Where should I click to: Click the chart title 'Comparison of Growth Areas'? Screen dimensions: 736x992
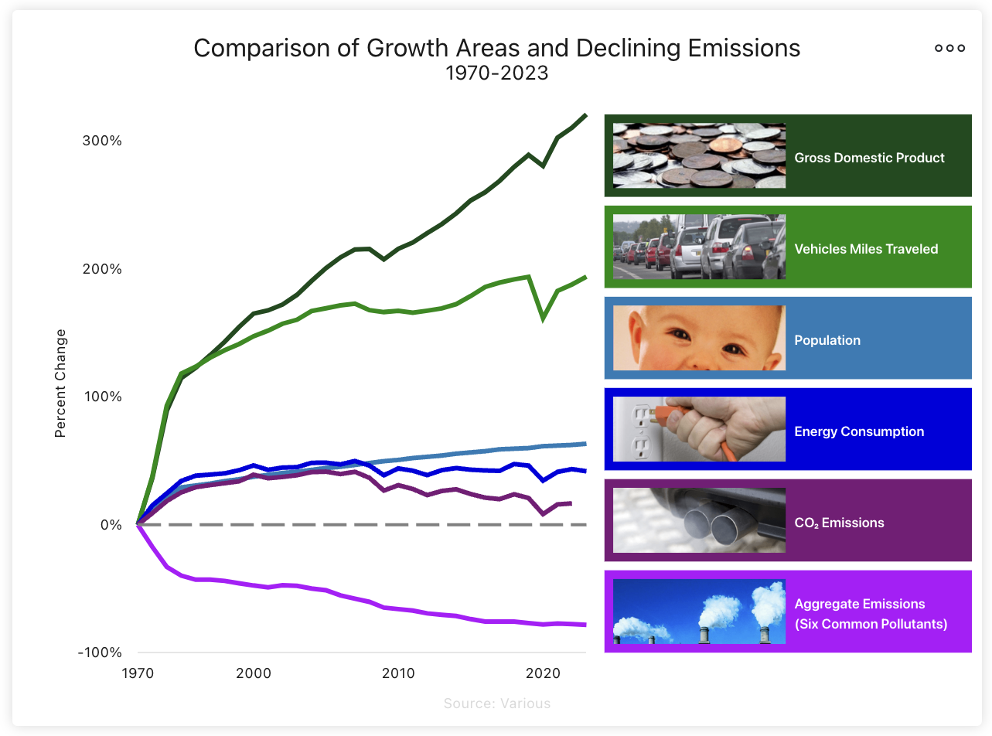pos(496,48)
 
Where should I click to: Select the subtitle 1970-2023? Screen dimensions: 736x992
pos(496,73)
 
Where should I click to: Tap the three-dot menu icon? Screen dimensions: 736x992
pos(949,48)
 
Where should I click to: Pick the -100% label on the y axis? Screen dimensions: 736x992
pos(101,653)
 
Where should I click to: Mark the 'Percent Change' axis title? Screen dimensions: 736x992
pos(61,383)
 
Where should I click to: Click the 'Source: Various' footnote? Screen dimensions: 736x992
pos(496,704)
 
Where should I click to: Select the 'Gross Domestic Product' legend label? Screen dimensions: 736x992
pos(869,158)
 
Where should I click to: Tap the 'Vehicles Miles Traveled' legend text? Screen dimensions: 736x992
pos(866,249)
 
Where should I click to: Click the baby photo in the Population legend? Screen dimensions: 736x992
pos(699,338)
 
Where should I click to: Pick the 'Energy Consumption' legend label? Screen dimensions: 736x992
pos(859,431)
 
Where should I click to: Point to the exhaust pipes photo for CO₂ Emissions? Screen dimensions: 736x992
pos(699,520)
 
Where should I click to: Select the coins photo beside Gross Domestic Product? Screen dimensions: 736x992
pos(699,155)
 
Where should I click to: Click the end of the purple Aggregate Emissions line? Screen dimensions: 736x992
pos(585,624)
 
